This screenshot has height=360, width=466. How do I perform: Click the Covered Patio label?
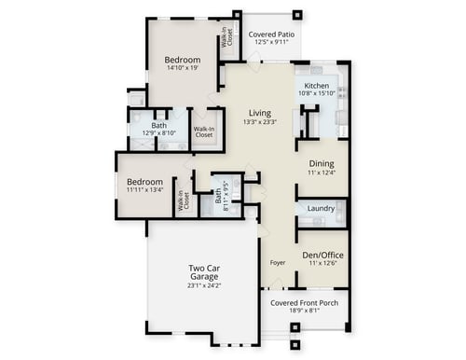coord(272,35)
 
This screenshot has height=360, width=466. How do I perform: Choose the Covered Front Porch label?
coord(304,303)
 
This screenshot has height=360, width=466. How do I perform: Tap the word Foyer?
coord(277,262)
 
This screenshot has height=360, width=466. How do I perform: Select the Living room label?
coord(260,113)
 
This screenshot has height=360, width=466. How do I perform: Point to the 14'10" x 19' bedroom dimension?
coord(183,68)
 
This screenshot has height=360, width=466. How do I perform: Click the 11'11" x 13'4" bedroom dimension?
coord(144,191)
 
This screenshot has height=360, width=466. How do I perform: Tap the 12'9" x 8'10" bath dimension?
coord(159,133)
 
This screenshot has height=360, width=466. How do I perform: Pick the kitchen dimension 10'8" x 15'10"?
coord(316,93)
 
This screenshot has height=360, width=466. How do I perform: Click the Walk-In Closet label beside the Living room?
coord(203,132)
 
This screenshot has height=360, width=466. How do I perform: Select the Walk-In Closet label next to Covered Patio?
coord(226,40)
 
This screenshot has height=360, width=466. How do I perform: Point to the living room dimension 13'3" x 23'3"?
coord(260,122)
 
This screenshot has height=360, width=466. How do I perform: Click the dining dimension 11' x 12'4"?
coord(322,173)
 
